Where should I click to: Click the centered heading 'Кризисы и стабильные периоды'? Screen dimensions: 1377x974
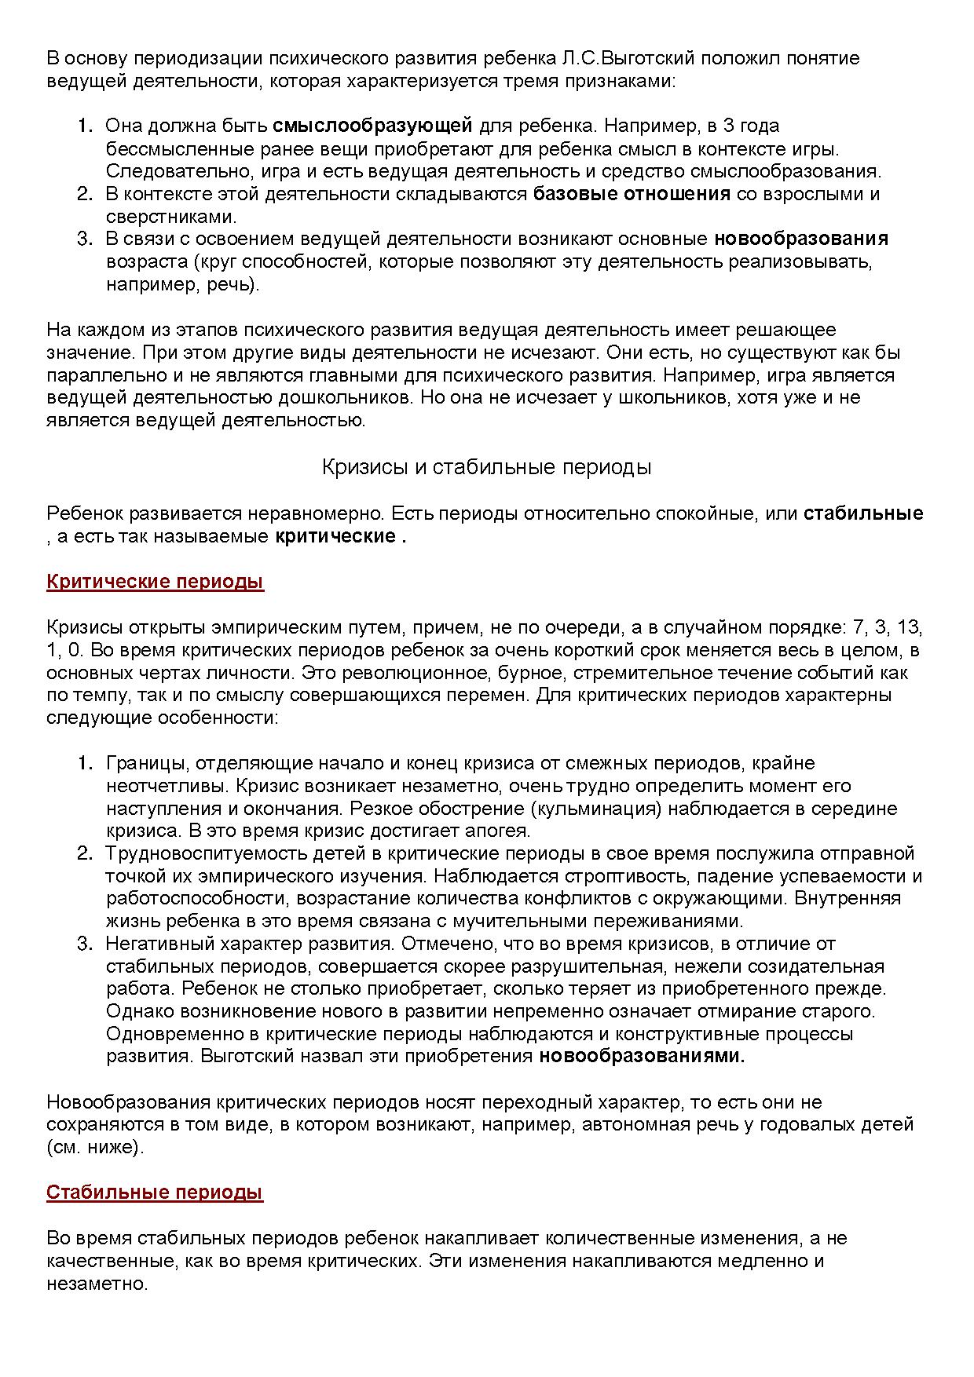point(486,468)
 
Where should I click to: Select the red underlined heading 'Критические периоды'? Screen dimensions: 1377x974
point(155,582)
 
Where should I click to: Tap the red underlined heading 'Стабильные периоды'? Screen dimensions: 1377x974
point(154,1193)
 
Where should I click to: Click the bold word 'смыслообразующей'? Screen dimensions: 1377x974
point(372,126)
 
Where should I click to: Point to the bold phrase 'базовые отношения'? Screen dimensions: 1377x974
point(632,194)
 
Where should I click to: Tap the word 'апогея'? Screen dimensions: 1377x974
point(501,831)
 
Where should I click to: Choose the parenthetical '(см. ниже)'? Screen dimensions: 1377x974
point(95,1148)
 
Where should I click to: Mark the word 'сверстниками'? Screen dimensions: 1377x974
point(171,217)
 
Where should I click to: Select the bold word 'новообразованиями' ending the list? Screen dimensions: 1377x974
point(641,1057)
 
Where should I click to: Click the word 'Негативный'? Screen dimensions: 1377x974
point(160,944)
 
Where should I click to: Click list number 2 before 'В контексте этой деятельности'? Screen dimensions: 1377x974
point(84,194)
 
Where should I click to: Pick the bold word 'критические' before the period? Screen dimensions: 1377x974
point(335,537)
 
